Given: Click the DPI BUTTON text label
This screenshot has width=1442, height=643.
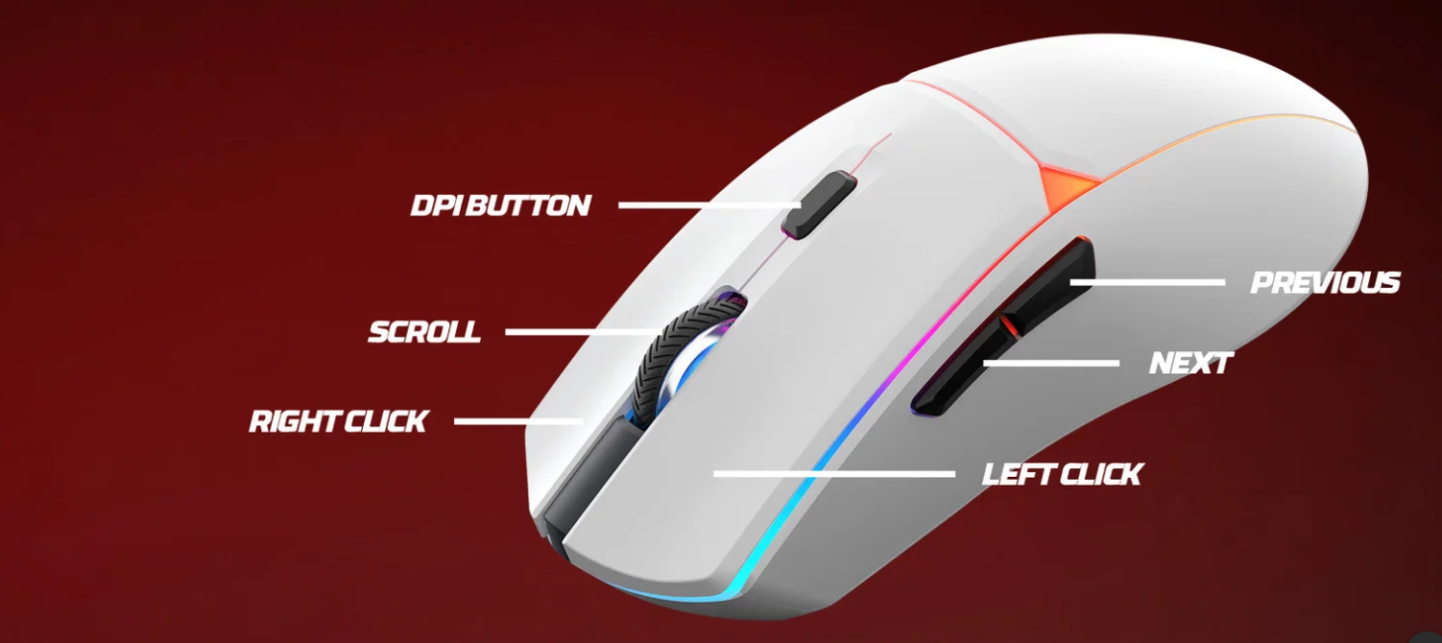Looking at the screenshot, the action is point(501,205).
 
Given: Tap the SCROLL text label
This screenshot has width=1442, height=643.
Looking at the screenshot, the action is point(424,331).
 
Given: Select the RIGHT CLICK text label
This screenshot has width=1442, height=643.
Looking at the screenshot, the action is point(338,421).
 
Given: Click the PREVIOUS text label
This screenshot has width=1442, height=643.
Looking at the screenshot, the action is point(1325,282).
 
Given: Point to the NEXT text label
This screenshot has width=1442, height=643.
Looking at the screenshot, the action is point(1190,363).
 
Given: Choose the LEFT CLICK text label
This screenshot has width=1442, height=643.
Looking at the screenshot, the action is point(1062,474).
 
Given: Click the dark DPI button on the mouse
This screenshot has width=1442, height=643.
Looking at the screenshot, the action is point(819,204).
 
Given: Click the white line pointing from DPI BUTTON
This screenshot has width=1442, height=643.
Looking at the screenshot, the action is point(710,205).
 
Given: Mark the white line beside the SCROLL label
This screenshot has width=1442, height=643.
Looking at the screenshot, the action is point(583,332).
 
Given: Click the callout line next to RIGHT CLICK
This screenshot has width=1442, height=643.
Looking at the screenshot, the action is point(518,421).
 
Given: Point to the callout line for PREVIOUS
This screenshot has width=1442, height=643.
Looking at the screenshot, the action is point(1147,282).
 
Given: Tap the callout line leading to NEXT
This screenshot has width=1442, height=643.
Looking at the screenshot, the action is point(1050,364).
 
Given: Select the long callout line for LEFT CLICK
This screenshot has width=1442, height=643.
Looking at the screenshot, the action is point(834,474).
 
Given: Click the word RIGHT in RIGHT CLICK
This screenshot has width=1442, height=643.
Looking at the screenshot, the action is point(294,421).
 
